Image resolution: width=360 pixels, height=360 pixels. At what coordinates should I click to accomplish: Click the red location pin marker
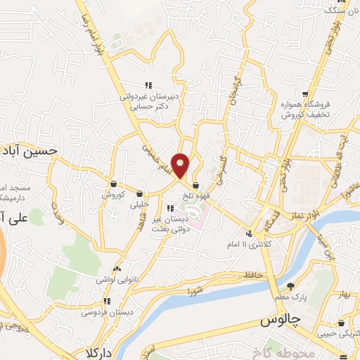pos(181,165)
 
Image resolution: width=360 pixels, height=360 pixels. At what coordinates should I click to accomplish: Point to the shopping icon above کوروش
pos(113,184)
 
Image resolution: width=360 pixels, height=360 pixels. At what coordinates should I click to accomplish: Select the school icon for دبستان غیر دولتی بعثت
pos(170,208)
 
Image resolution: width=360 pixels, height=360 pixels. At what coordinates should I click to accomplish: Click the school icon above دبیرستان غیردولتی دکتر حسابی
pos(148,86)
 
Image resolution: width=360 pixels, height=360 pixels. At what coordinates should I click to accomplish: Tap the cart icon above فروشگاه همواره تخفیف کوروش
pos(305,94)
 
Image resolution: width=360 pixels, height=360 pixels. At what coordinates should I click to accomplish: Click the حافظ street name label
pos(254,274)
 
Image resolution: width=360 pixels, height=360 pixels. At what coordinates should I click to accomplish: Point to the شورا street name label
pos(195,289)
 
